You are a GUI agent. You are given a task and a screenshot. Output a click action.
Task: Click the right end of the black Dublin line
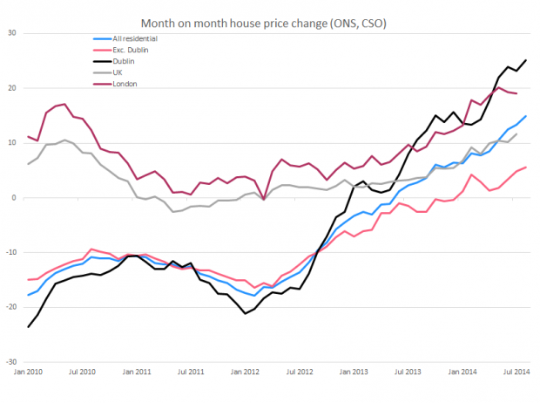pyautogui.click(x=525, y=60)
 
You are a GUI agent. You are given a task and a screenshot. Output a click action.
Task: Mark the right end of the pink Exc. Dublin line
pyautogui.click(x=525, y=167)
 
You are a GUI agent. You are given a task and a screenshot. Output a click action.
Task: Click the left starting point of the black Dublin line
pyautogui.click(x=29, y=327)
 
